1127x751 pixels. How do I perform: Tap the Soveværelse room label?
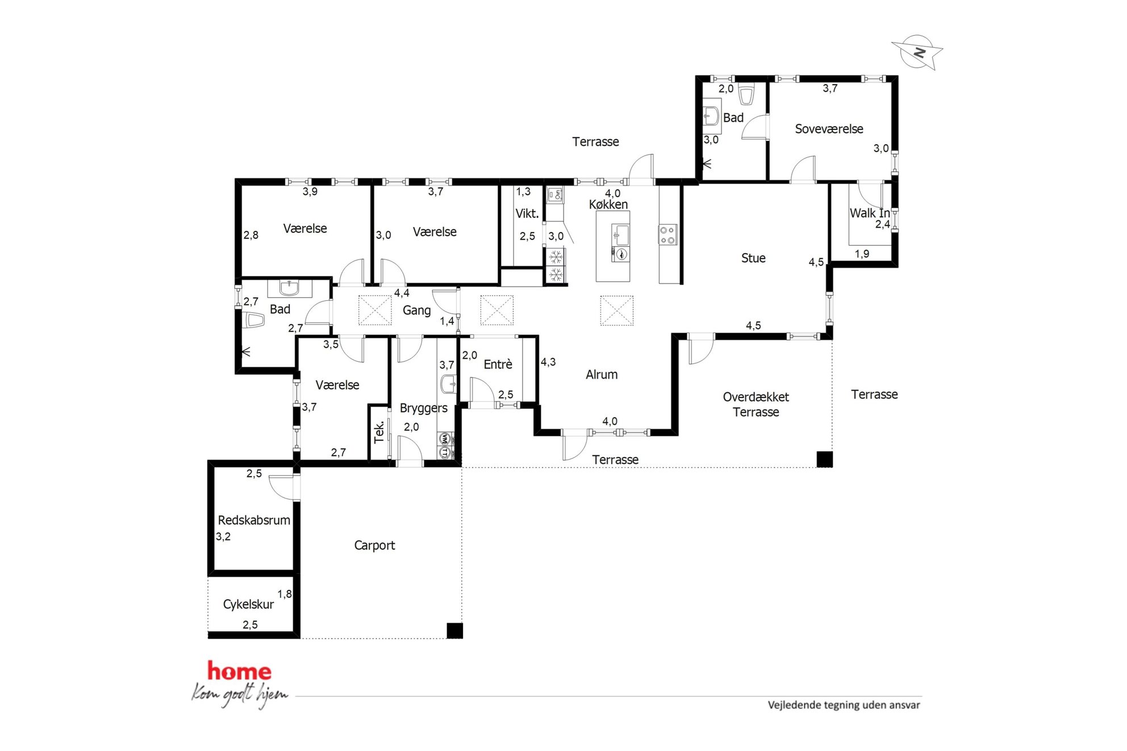pos(829,129)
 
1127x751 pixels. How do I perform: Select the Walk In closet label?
pos(869,213)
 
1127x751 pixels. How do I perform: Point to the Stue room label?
pos(753,258)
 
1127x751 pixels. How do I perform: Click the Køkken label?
pos(608,204)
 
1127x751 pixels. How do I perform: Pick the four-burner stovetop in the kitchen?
pos(667,235)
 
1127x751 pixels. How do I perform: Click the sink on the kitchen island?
pos(620,234)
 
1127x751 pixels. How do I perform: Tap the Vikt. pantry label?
pos(527,213)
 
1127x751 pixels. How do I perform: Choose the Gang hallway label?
pos(416,311)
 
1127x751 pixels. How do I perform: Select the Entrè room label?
pos(498,364)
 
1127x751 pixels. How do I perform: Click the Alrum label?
pos(602,374)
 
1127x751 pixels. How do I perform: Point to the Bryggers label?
pos(423,408)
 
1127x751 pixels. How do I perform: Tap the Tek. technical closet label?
pos(379,432)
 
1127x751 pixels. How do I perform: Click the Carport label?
pos(374,545)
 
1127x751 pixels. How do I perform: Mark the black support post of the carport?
pos(454,631)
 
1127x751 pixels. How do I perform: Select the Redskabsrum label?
pos(254,520)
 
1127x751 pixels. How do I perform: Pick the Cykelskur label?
pos(248,604)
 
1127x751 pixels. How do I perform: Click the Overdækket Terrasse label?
pos(755,404)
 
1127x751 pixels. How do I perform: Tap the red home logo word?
pos(239,671)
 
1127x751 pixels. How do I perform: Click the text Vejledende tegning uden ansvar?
pos(844,705)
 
